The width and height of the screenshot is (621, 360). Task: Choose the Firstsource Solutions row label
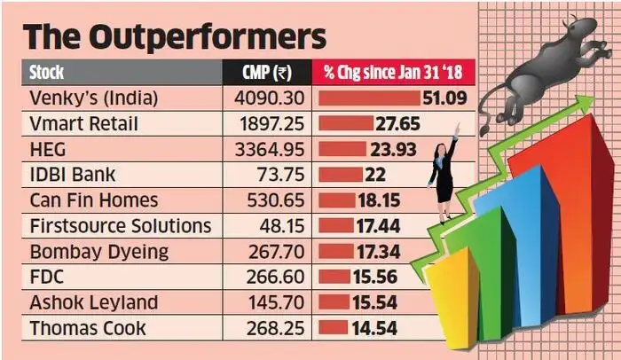click(121, 225)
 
